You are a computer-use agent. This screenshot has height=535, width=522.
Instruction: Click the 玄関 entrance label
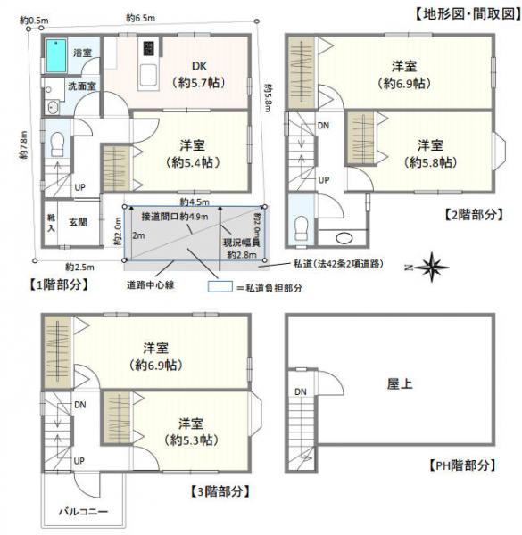pyautogui.click(x=79, y=222)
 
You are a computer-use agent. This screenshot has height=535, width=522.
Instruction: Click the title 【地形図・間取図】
pyautogui.click(x=465, y=13)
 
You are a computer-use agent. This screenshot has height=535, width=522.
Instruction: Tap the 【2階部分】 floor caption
pyautogui.click(x=474, y=215)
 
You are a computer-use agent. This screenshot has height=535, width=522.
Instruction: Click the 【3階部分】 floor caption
pyautogui.click(x=220, y=490)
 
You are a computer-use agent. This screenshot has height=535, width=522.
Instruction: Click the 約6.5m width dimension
pyautogui.click(x=142, y=18)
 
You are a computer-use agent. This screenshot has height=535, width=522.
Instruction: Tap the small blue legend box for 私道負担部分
pyautogui.click(x=219, y=288)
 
